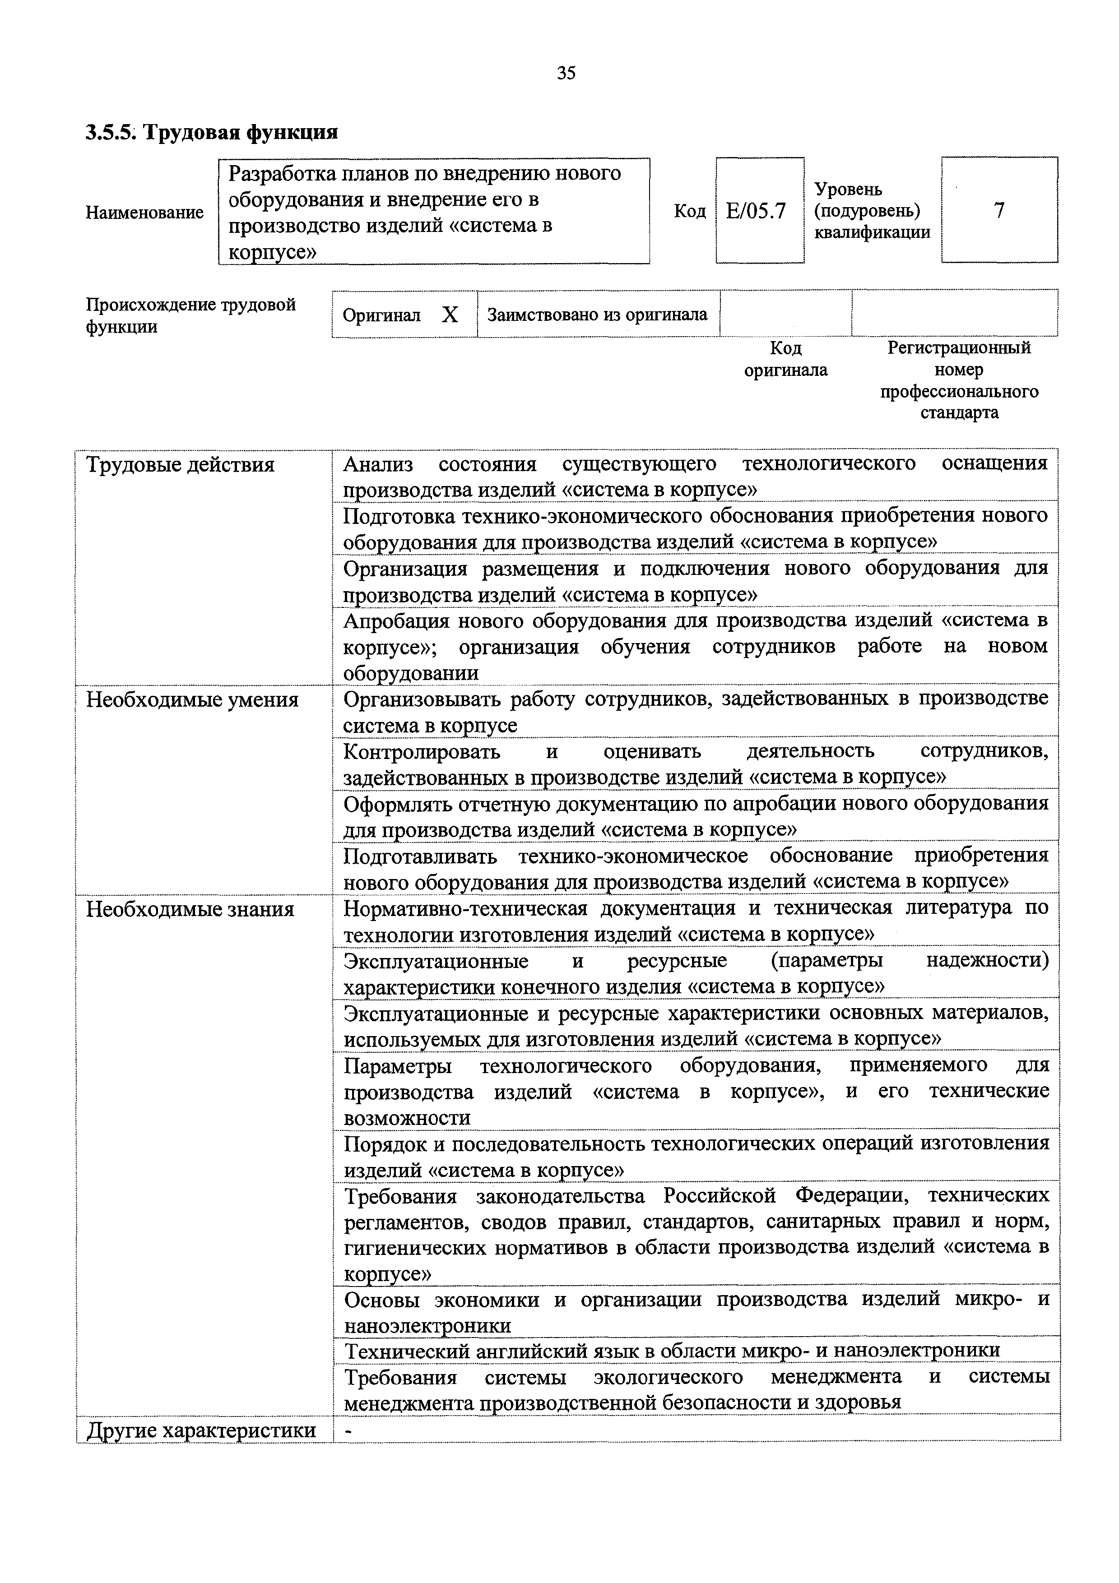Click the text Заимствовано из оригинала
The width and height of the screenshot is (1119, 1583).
tap(597, 315)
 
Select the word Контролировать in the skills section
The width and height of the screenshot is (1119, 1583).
tap(422, 751)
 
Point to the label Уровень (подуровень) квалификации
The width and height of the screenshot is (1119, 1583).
tap(872, 210)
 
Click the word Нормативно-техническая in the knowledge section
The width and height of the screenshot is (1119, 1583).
tap(465, 909)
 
